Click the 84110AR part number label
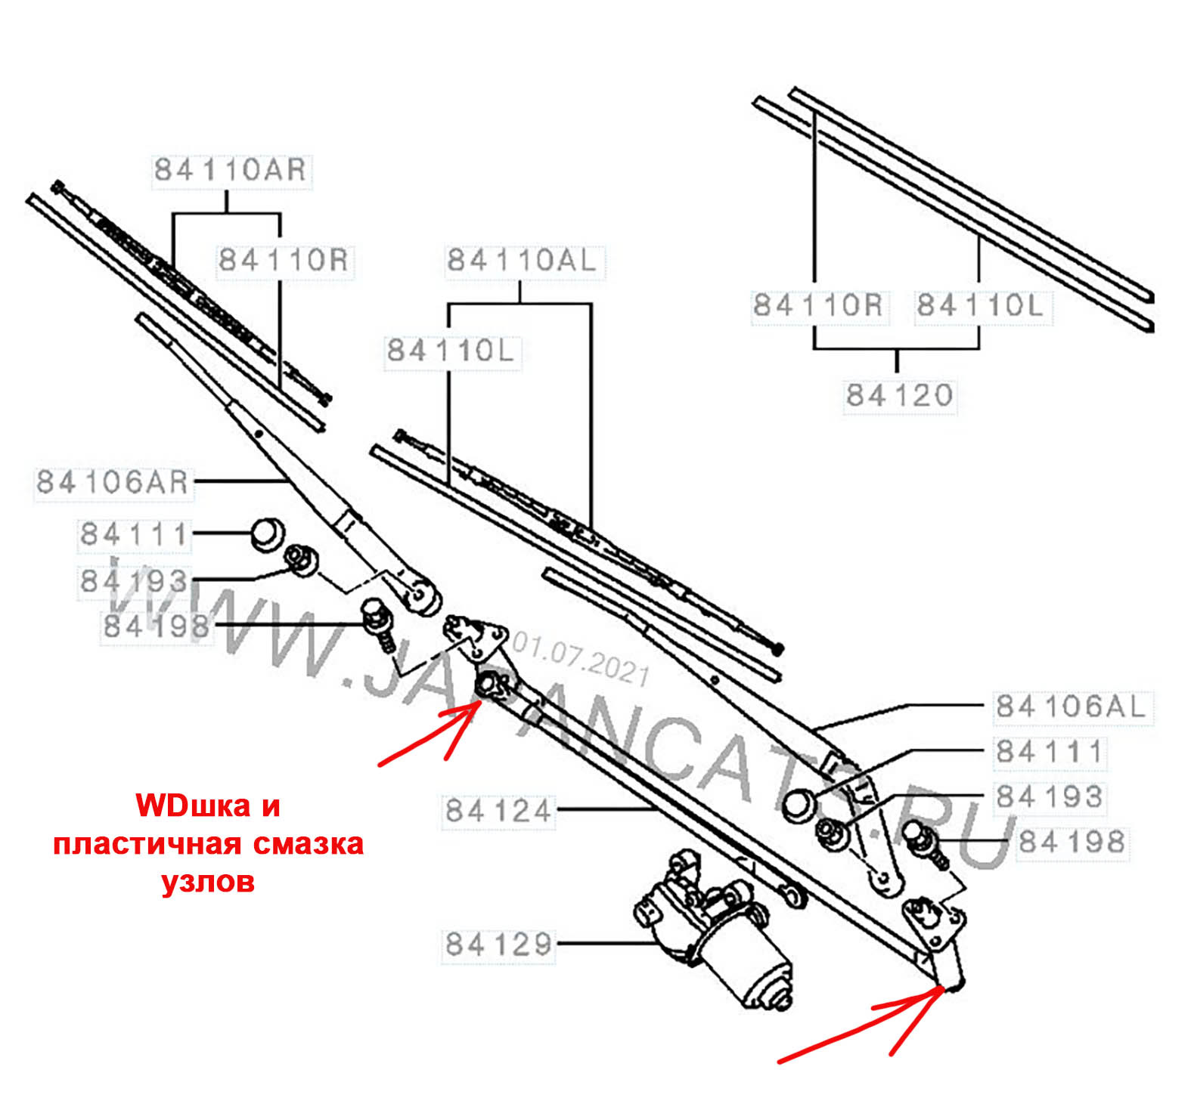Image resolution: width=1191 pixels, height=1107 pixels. [231, 170]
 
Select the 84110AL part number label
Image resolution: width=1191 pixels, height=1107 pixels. [523, 261]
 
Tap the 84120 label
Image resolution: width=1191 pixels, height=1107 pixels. [900, 395]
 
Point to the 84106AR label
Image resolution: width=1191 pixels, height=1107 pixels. [113, 482]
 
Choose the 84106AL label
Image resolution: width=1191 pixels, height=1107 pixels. [1072, 707]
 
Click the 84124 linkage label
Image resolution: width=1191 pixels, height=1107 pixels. [499, 811]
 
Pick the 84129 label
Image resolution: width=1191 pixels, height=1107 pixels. [499, 945]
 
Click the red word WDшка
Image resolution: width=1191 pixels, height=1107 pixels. [208, 806]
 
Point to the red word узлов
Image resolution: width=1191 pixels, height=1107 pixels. [209, 882]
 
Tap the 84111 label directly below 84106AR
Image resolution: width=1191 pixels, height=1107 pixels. [134, 534]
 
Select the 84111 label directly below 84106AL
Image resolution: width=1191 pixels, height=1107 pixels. [1050, 752]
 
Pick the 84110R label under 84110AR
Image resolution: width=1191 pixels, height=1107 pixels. [284, 261]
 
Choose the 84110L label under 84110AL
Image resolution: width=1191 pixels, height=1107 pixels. [451, 351]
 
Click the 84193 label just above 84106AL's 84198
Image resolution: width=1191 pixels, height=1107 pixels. [1050, 796]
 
